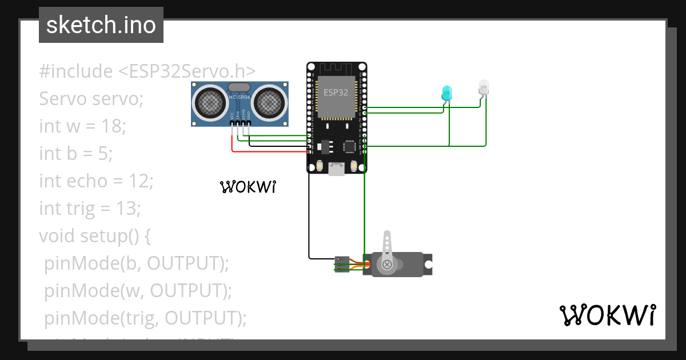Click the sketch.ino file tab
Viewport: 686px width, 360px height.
pos(101,25)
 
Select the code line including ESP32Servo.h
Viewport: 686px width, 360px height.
pos(147,71)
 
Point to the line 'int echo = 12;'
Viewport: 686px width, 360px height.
pos(96,181)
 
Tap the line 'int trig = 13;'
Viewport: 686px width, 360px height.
pos(90,208)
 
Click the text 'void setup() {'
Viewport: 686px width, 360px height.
pos(94,235)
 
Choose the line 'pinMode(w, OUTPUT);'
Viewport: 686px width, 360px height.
pos(138,290)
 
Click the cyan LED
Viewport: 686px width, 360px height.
pos(446,93)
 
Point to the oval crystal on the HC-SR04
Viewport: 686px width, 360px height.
pos(239,87)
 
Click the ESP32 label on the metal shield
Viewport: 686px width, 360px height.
pos(336,91)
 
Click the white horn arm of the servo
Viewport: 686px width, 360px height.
pos(388,246)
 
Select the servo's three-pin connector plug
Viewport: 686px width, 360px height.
pos(341,265)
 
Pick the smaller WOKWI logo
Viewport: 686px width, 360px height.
pos(248,187)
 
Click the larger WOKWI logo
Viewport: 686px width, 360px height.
pos(607,315)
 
